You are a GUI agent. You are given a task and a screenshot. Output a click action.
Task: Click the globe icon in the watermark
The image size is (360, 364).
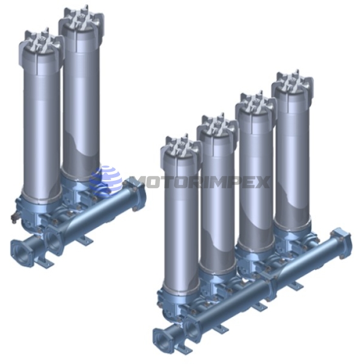[105, 181]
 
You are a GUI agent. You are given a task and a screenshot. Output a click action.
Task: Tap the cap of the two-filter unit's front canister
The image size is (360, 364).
[41, 47]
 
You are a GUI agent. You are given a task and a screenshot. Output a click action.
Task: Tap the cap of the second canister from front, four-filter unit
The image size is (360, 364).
[218, 130]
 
